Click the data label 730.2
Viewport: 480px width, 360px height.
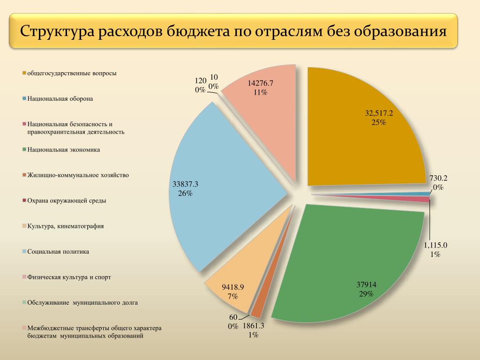(x=438, y=178)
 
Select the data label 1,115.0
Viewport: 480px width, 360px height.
(x=435, y=245)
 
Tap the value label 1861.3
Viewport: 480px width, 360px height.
(x=254, y=326)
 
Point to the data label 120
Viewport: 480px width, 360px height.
(x=201, y=81)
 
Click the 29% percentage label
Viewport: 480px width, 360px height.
(x=366, y=294)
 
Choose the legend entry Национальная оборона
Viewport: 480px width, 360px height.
(x=60, y=99)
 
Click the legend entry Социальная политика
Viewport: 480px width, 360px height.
(x=58, y=252)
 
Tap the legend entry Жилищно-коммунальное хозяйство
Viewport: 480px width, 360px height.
(x=78, y=175)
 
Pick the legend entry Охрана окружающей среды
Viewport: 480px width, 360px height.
(x=67, y=201)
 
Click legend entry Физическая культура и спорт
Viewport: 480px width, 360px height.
(x=69, y=277)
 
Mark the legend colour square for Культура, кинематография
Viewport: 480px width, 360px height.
(x=23, y=226)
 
